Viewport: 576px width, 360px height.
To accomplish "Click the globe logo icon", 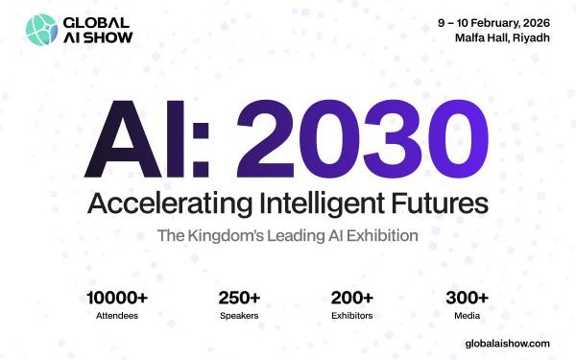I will click(x=43, y=30).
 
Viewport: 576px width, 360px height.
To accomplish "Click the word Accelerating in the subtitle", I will click(x=164, y=204).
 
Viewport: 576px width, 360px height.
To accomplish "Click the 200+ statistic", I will click(x=350, y=298).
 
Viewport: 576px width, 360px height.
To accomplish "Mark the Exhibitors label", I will click(x=351, y=315).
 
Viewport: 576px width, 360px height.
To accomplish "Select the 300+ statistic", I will click(x=467, y=298).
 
